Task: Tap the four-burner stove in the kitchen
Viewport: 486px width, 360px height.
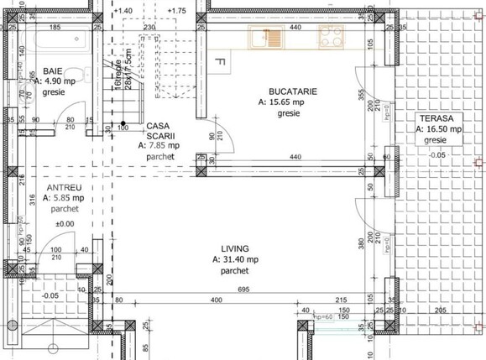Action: click(x=329, y=38)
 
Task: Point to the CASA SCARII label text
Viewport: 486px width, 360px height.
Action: click(x=157, y=128)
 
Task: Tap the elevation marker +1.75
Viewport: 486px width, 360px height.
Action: click(x=176, y=11)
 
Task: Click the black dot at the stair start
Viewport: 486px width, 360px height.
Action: click(x=123, y=123)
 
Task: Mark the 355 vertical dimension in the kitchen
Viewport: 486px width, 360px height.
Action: click(x=358, y=95)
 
